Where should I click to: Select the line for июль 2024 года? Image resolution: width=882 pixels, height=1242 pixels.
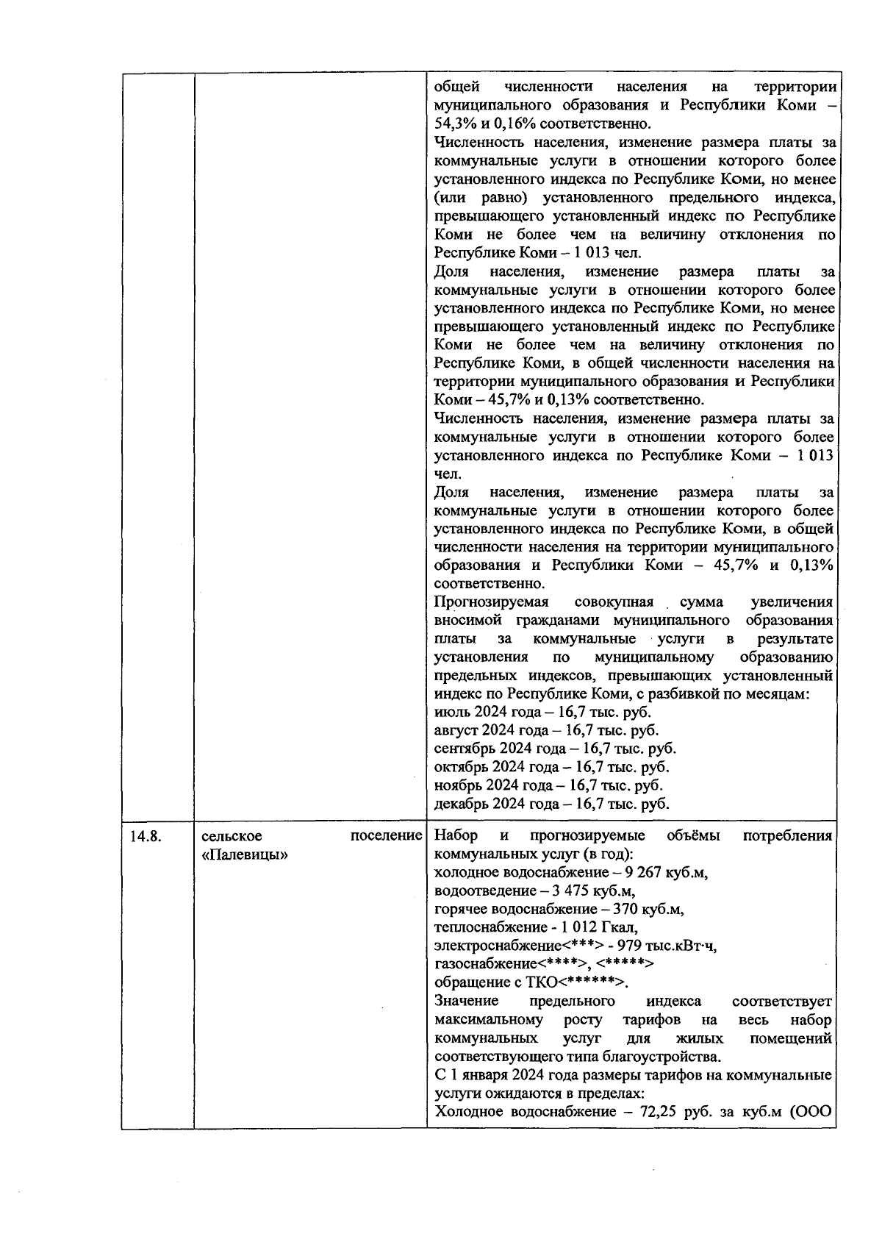[x=542, y=712]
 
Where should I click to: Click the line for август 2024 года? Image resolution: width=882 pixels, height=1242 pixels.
[x=546, y=730]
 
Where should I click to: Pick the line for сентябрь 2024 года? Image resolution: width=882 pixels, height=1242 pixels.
[x=555, y=749]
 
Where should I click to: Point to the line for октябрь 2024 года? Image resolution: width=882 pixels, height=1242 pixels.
[x=551, y=767]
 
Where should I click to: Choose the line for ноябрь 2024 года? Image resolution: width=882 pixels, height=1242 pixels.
[x=548, y=785]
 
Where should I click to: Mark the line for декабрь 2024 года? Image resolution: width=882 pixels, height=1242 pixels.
[x=551, y=804]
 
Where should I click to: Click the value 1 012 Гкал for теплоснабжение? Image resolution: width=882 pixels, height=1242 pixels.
[x=600, y=928]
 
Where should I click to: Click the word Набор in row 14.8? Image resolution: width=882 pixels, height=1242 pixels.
[x=456, y=836]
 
